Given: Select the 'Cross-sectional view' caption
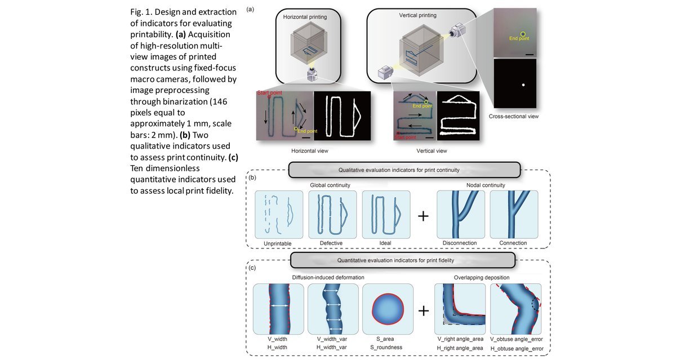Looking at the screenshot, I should (x=515, y=117).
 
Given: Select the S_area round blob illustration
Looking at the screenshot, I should (x=388, y=310).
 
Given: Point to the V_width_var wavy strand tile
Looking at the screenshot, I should (x=333, y=310).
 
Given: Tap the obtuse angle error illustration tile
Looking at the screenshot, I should (x=515, y=310).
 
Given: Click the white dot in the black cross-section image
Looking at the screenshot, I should (x=523, y=85).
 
